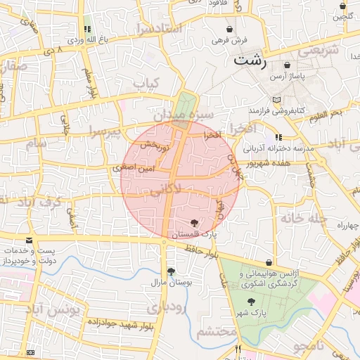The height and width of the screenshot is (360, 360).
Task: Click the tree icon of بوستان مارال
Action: [171, 271]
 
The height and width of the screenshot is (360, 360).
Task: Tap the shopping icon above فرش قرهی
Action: [231, 30]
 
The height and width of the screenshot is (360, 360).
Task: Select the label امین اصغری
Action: [131, 169]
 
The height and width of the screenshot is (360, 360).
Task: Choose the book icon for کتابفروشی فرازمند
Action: [277, 99]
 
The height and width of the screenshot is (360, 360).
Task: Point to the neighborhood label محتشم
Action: [216, 332]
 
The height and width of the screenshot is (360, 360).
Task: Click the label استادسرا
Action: [160, 28]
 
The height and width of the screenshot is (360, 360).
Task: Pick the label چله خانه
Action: [305, 219]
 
